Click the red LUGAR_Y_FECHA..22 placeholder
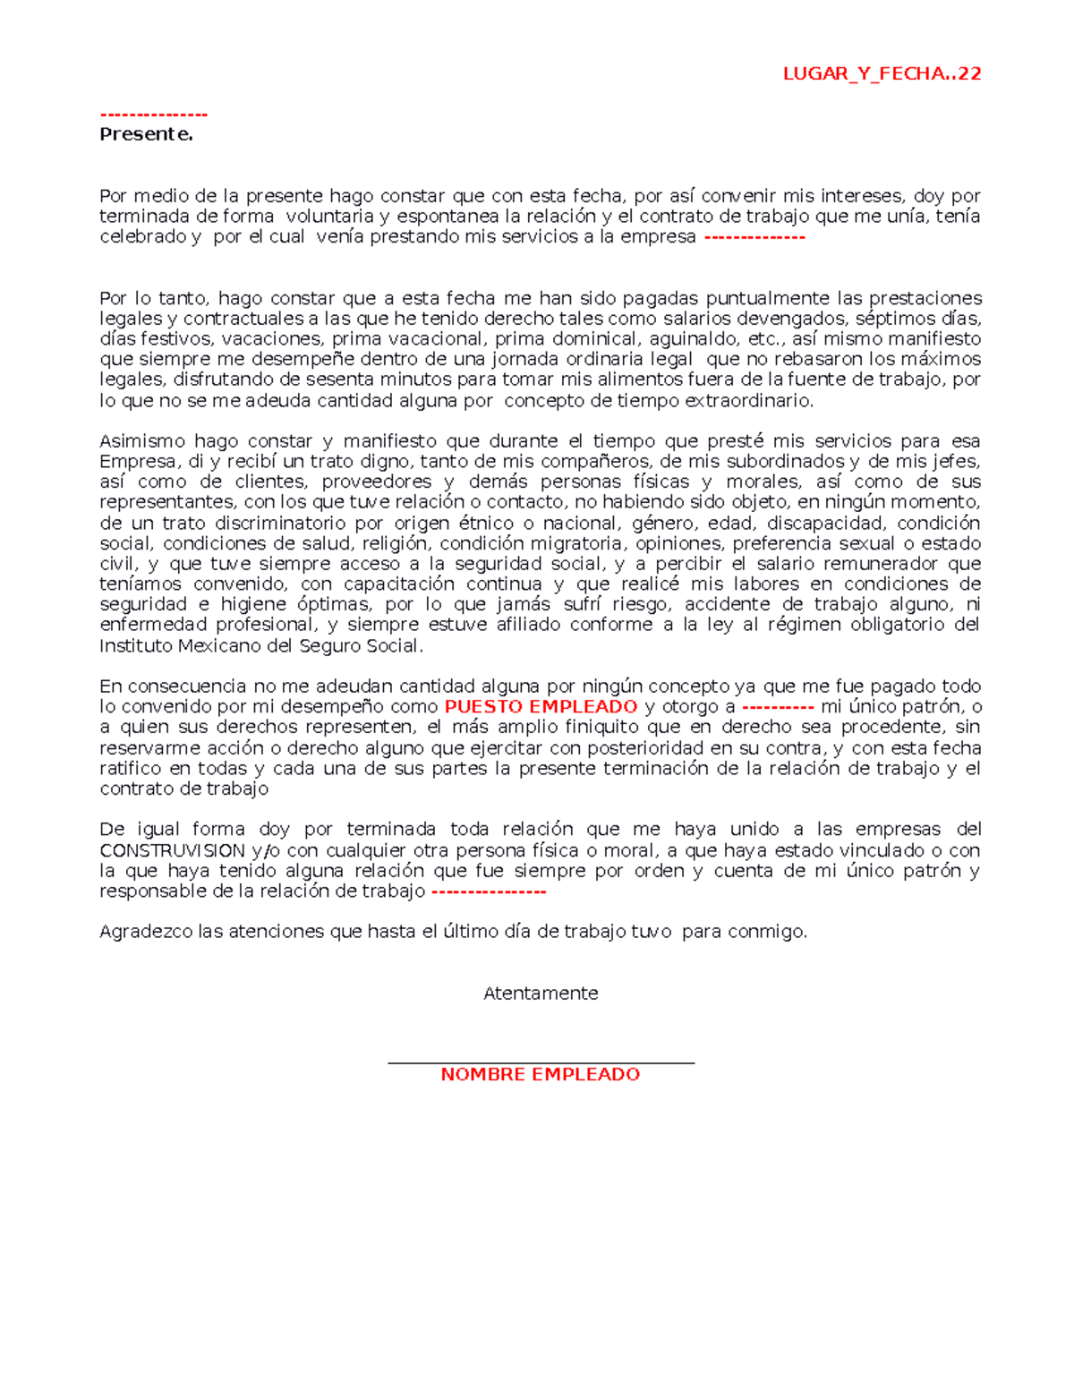pos(882,73)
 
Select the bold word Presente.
pos(146,134)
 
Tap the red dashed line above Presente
pos(154,115)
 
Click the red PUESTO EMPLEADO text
pos(541,707)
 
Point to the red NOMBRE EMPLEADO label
pos(541,1074)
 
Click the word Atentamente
pos(541,993)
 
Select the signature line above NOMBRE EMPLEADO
pos(541,1062)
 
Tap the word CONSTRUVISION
pos(172,850)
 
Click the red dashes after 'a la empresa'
pos(754,237)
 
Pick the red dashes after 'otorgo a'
pos(778,707)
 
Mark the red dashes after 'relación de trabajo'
pos(489,891)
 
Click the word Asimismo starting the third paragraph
pos(142,441)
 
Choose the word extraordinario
pos(749,401)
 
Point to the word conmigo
pos(767,932)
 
